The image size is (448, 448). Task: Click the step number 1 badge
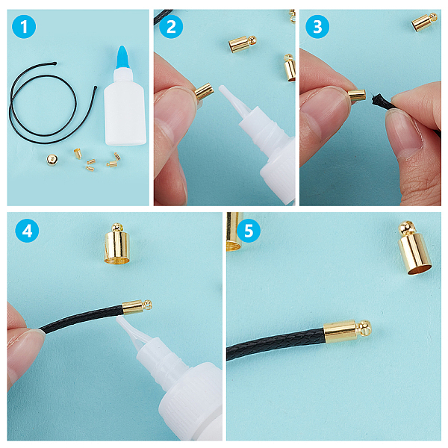click(x=24, y=27)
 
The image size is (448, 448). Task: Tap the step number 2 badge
click(x=171, y=27)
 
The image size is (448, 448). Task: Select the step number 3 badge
click(x=317, y=27)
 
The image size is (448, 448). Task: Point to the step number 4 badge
click(x=27, y=230)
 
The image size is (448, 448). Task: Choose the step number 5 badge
click(x=249, y=230)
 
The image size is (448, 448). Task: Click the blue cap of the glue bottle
click(x=123, y=57)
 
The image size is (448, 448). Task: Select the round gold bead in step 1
click(x=52, y=159)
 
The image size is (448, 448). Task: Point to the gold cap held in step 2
click(x=205, y=91)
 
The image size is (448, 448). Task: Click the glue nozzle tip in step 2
click(x=222, y=88)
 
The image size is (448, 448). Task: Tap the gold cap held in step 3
click(x=357, y=95)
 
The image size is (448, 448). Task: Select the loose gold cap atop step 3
click(x=424, y=22)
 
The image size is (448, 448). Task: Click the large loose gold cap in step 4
click(x=117, y=243)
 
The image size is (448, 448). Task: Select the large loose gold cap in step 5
click(x=414, y=249)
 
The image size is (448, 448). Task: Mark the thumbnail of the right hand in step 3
click(x=405, y=134)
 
